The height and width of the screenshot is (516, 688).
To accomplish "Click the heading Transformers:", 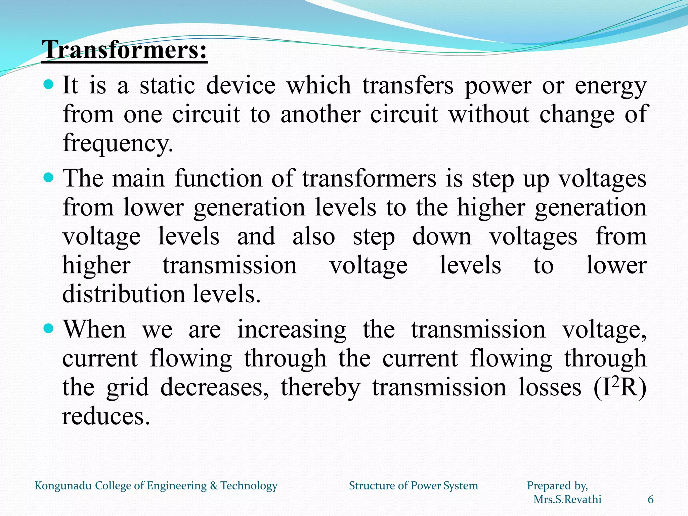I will tap(124, 50).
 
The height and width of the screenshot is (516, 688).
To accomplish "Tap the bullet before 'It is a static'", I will tap(49, 84).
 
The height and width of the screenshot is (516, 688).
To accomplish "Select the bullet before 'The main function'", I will tap(49, 177).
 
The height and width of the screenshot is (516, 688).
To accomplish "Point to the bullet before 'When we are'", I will tap(49, 329).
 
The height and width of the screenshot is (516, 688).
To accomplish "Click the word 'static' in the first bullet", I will tap(167, 85).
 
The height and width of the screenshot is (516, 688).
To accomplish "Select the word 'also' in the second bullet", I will tap(313, 236).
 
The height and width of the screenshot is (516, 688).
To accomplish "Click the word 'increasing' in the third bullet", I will tap(292, 330).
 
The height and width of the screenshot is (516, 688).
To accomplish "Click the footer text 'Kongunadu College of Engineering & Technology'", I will tap(156, 486).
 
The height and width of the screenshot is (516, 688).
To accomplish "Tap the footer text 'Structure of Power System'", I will tap(413, 486).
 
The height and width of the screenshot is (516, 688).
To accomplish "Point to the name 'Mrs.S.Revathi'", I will tap(567, 500).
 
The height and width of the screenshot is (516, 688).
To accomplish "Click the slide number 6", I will tap(650, 500).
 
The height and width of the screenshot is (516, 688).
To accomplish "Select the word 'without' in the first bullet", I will tap(489, 114).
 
